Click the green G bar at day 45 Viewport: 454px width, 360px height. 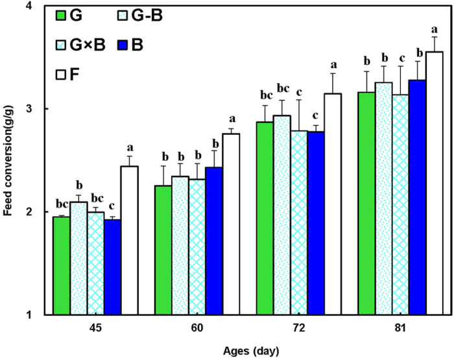click(x=62, y=266)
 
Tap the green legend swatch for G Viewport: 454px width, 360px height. click(x=62, y=15)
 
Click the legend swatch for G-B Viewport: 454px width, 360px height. click(x=108, y=15)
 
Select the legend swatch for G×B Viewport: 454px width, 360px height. click(x=62, y=45)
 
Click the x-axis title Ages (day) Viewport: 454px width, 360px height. click(x=248, y=351)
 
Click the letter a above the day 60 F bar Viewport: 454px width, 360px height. click(x=232, y=119)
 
